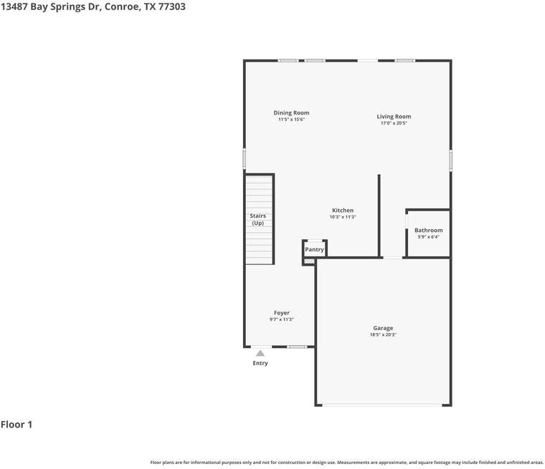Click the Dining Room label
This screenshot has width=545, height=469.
click(x=291, y=112)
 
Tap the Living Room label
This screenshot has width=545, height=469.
click(x=394, y=116)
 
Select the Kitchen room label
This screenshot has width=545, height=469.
click(x=342, y=211)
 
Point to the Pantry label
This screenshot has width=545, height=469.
click(x=314, y=249)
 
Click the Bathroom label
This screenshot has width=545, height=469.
click(x=428, y=230)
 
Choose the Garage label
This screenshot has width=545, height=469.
click(x=383, y=328)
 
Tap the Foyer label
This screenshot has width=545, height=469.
click(x=281, y=313)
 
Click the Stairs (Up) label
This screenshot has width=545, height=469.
click(x=257, y=219)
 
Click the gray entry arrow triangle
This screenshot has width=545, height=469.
click(x=260, y=353)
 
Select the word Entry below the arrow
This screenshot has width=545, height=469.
click(x=260, y=363)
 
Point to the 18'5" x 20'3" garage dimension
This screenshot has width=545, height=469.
click(x=383, y=335)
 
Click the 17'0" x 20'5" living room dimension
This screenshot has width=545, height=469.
click(x=394, y=123)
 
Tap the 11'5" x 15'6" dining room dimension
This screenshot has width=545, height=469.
click(x=291, y=120)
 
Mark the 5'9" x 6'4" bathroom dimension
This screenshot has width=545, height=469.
click(x=428, y=237)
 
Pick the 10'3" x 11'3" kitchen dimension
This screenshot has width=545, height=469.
click(x=342, y=217)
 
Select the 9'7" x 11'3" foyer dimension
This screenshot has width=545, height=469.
click(x=281, y=319)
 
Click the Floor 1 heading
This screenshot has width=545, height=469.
click(x=16, y=425)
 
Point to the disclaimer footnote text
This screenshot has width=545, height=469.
click(x=346, y=463)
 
